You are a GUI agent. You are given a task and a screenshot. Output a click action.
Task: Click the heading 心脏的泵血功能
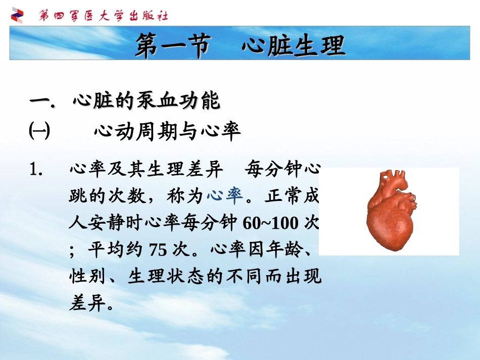[x=147, y=101]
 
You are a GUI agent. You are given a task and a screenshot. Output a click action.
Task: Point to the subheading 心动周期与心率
[x=167, y=132]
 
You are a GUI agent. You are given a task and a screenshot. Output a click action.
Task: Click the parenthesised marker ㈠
[x=39, y=132]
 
